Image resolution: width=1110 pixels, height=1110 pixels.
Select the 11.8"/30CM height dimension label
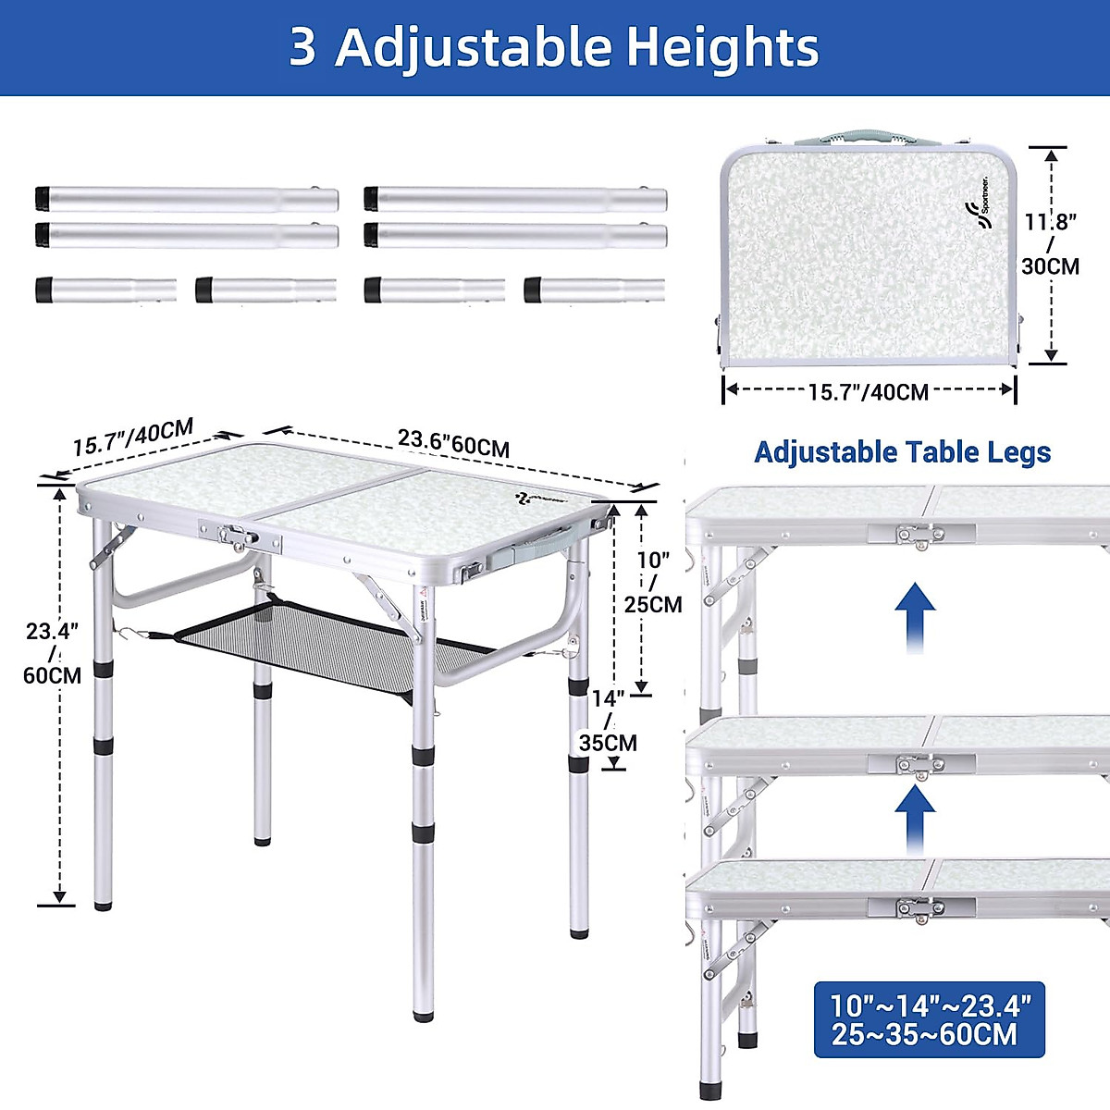(x=1050, y=244)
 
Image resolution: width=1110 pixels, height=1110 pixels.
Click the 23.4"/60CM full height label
(x=53, y=653)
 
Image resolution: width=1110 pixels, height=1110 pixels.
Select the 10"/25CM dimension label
(x=652, y=582)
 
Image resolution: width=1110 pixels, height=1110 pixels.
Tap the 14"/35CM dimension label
(x=608, y=721)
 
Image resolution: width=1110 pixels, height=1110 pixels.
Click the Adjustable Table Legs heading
(x=902, y=452)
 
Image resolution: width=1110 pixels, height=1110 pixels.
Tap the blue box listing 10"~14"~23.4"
(x=929, y=1018)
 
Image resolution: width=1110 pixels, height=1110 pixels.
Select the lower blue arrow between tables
(x=915, y=819)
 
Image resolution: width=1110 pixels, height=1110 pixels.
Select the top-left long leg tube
(x=186, y=199)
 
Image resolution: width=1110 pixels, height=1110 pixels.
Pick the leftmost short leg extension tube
(x=105, y=290)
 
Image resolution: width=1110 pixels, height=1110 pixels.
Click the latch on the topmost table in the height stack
(x=919, y=535)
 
